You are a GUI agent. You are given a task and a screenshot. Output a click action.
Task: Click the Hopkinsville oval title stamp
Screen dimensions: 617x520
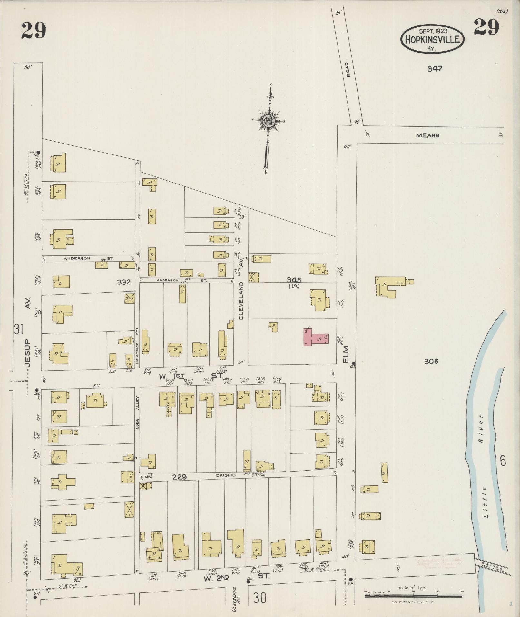pyautogui.click(x=432, y=40)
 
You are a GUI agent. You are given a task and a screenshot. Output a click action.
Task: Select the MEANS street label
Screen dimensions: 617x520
pyautogui.click(x=427, y=135)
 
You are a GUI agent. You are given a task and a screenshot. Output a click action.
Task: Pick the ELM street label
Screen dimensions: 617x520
pyautogui.click(x=346, y=353)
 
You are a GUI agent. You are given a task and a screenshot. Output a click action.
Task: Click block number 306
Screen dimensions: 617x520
pyautogui.click(x=431, y=361)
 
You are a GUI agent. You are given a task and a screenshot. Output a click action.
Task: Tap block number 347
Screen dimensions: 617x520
pyautogui.click(x=435, y=68)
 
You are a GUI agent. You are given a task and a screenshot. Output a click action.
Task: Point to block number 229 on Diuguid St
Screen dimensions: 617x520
pyautogui.click(x=179, y=477)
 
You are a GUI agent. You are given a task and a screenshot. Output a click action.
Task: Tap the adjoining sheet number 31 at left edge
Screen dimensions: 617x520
pyautogui.click(x=18, y=330)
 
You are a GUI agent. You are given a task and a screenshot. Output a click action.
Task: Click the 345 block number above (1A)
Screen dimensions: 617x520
pyautogui.click(x=294, y=280)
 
